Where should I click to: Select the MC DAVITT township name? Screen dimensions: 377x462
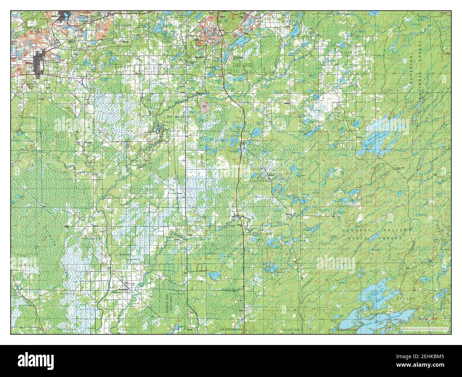pos(176,116)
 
